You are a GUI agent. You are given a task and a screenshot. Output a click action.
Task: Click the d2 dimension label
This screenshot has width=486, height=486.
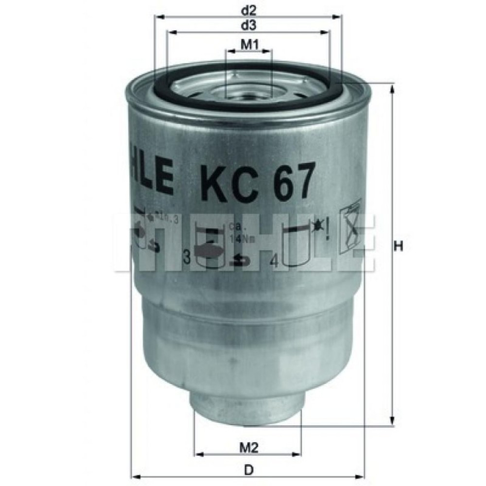click(248, 9)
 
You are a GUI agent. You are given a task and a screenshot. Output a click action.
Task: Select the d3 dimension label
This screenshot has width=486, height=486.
click(248, 24)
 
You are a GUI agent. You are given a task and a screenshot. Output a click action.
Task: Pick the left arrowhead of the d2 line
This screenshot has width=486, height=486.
click(157, 17)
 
